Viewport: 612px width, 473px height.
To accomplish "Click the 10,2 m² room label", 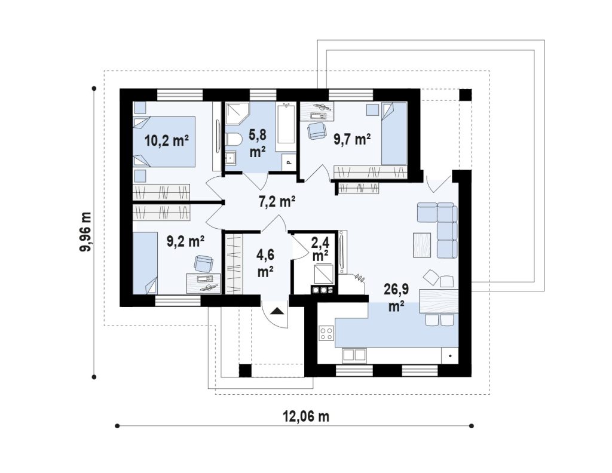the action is [167, 140].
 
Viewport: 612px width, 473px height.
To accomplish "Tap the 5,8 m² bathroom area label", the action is [258, 143].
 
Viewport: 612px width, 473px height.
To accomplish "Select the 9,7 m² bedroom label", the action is [351, 139].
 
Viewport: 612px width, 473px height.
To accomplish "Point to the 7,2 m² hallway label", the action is [277, 202].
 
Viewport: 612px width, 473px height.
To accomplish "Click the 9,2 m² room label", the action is [185, 241].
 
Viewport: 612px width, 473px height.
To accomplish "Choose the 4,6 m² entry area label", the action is [265, 263].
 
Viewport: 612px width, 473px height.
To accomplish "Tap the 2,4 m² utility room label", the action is [320, 249].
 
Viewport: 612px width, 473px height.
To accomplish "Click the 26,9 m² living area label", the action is [396, 297].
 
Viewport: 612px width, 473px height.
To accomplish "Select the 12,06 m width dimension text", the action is [306, 416].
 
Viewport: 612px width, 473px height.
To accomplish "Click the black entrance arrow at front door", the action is [276, 311].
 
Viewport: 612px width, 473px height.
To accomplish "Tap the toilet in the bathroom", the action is [234, 139].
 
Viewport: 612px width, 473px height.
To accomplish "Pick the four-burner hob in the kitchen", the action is [326, 333].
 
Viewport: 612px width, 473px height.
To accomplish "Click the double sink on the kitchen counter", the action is [354, 355].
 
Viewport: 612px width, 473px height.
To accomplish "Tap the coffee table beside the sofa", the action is [422, 245].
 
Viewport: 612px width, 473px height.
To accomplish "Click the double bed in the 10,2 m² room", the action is [164, 142].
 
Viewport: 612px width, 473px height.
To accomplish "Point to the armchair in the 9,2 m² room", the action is [204, 263].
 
